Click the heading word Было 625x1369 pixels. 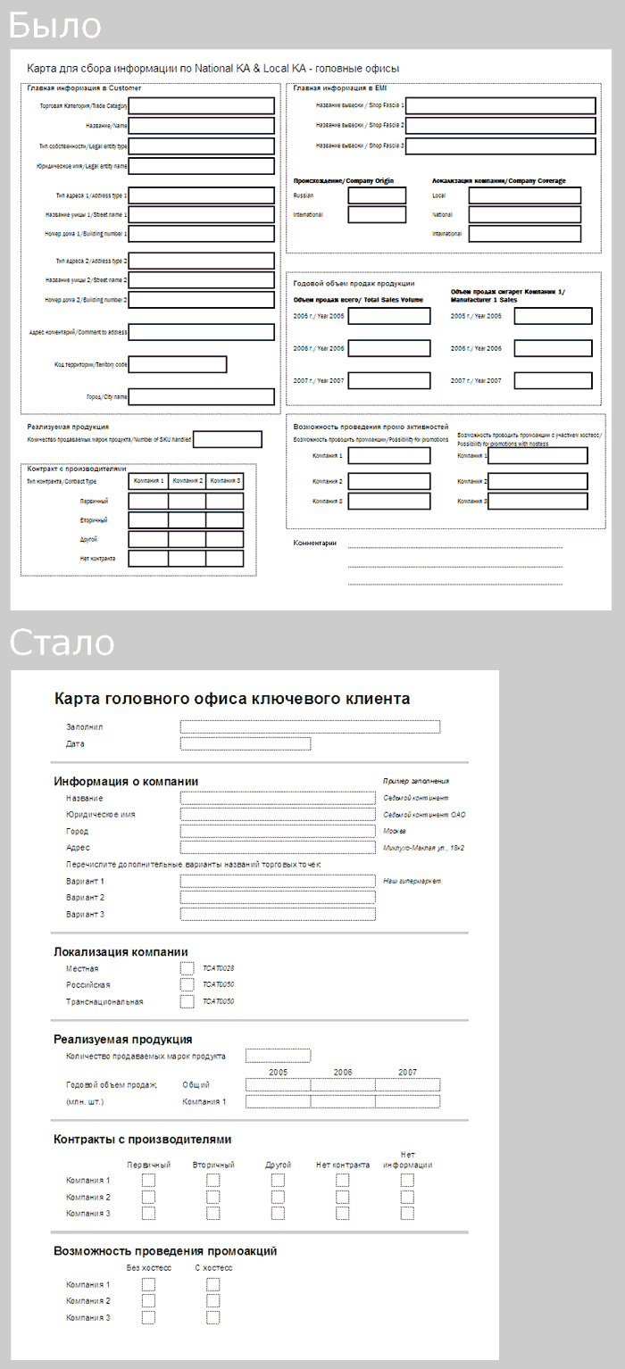[55, 26]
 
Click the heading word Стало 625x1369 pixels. [62, 643]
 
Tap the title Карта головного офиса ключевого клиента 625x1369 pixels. [232, 698]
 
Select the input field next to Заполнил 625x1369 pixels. [310, 726]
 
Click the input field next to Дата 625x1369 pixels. [245, 743]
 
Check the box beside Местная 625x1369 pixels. [187, 968]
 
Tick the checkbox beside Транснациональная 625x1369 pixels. [187, 1001]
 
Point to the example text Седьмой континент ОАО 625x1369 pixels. [424, 815]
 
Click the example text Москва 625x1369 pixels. [395, 831]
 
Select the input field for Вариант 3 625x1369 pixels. [277, 914]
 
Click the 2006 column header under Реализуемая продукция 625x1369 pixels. [343, 1072]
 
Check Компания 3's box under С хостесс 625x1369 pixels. [212, 1317]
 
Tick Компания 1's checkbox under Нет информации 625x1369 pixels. [407, 1180]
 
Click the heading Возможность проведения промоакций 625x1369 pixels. [165, 1251]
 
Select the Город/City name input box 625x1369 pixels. [201, 397]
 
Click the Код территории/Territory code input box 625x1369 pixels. [177, 364]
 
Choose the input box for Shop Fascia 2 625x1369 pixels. [500, 126]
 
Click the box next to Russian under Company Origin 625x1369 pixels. [377, 195]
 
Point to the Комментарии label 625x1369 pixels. [315, 543]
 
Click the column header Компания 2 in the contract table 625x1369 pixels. [187, 481]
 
